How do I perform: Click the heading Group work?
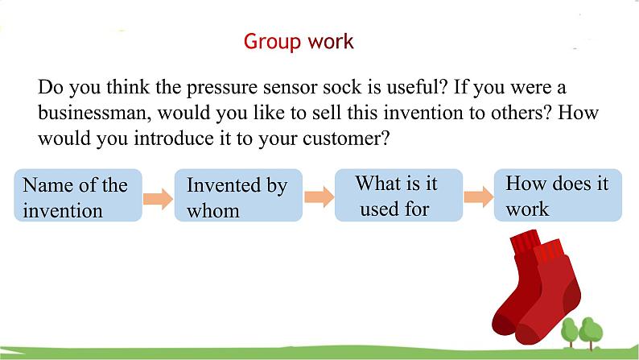click(298, 41)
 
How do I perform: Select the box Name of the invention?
click(77, 197)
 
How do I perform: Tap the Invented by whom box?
click(238, 197)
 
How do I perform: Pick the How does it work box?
click(557, 195)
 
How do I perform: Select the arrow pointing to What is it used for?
click(319, 197)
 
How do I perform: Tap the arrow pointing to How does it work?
click(477, 197)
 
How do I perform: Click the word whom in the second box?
click(213, 210)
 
